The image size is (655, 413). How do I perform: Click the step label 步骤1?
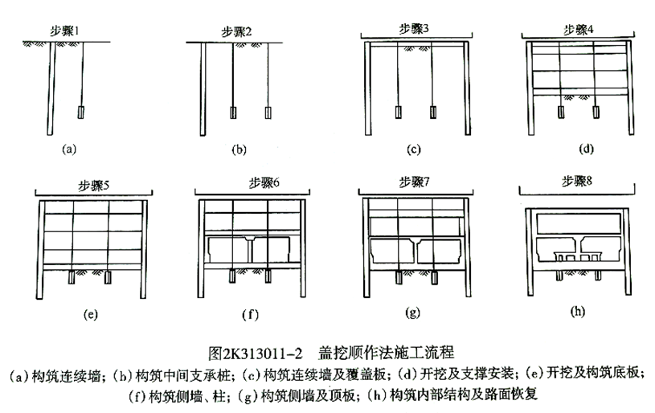coord(65,31)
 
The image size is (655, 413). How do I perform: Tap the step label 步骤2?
coord(236,32)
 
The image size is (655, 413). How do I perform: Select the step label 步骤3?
coord(414,29)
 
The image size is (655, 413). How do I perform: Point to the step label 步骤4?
coord(578,30)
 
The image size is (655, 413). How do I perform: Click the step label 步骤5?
coord(93,186)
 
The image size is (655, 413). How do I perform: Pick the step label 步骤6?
coord(264,183)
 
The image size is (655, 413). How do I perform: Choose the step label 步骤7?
coord(414,182)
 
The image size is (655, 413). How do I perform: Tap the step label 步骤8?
coord(577,182)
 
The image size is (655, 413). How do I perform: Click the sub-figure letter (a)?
coord(69,149)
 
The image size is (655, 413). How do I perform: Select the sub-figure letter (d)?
coord(586,149)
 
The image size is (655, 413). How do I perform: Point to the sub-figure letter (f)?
coord(250,314)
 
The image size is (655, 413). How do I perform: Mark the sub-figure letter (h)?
coord(577,311)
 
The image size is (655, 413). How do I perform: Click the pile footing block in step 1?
coord(80,112)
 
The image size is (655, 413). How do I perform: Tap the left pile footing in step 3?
coord(398,112)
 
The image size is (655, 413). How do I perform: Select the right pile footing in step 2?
coord(268,112)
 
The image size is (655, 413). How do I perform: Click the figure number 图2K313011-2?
coord(256,354)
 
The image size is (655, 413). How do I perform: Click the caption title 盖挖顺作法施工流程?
coord(386,353)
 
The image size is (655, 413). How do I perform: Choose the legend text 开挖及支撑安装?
coord(467,374)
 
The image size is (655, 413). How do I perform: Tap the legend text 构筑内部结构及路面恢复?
coord(463,395)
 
